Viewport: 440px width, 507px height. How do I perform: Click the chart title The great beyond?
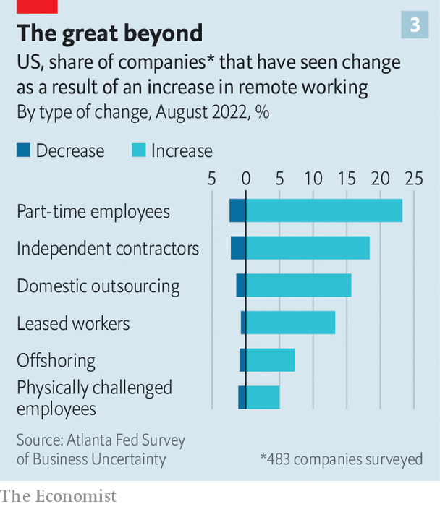(110, 33)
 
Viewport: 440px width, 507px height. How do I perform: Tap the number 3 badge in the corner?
(415, 25)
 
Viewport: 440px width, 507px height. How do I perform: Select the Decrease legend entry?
(61, 150)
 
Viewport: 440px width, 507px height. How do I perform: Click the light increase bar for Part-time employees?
(324, 210)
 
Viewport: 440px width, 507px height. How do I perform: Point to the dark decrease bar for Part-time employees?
(237, 210)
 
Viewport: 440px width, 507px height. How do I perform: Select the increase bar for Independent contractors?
(308, 248)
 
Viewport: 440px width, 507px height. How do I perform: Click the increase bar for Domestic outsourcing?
(298, 285)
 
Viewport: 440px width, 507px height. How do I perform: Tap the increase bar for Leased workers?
(290, 323)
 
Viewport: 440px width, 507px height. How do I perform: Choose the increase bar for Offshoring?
(270, 359)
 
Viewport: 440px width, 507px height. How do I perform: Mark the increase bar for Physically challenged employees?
(263, 397)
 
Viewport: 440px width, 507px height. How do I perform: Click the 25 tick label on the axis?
(413, 178)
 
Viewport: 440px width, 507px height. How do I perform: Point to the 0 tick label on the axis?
(246, 178)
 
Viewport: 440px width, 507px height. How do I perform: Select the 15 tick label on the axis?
(347, 178)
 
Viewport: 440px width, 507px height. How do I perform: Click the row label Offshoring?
(56, 360)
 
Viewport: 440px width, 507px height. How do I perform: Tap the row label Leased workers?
(73, 323)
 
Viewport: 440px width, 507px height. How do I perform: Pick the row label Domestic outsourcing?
(98, 286)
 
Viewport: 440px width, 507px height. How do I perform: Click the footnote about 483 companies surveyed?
(342, 459)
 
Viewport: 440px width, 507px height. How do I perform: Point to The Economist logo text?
(58, 496)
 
